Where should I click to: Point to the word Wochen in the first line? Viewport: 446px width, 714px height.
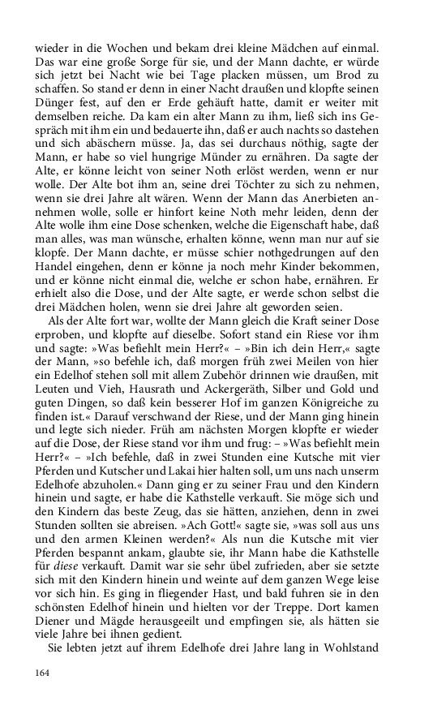click(122, 45)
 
